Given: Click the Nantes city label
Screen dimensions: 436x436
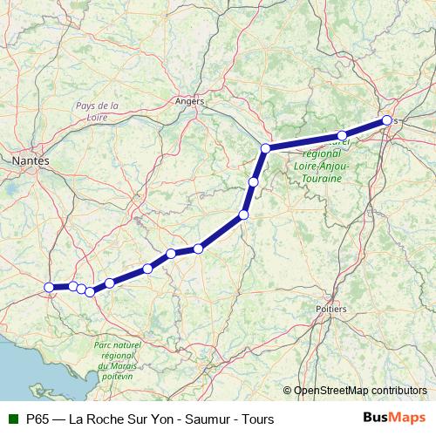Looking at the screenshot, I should tap(31, 160).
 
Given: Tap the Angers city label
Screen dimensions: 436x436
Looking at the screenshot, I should tap(189, 101).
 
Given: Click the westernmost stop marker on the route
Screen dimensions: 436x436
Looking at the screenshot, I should tap(49, 287).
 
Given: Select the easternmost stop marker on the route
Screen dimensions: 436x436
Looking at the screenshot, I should tap(386, 121).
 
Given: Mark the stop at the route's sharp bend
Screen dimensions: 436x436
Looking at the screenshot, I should tap(265, 148).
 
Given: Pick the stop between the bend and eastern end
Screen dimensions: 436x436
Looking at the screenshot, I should tap(342, 135).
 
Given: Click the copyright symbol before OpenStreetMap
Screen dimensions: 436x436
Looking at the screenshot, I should tap(288, 390).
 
